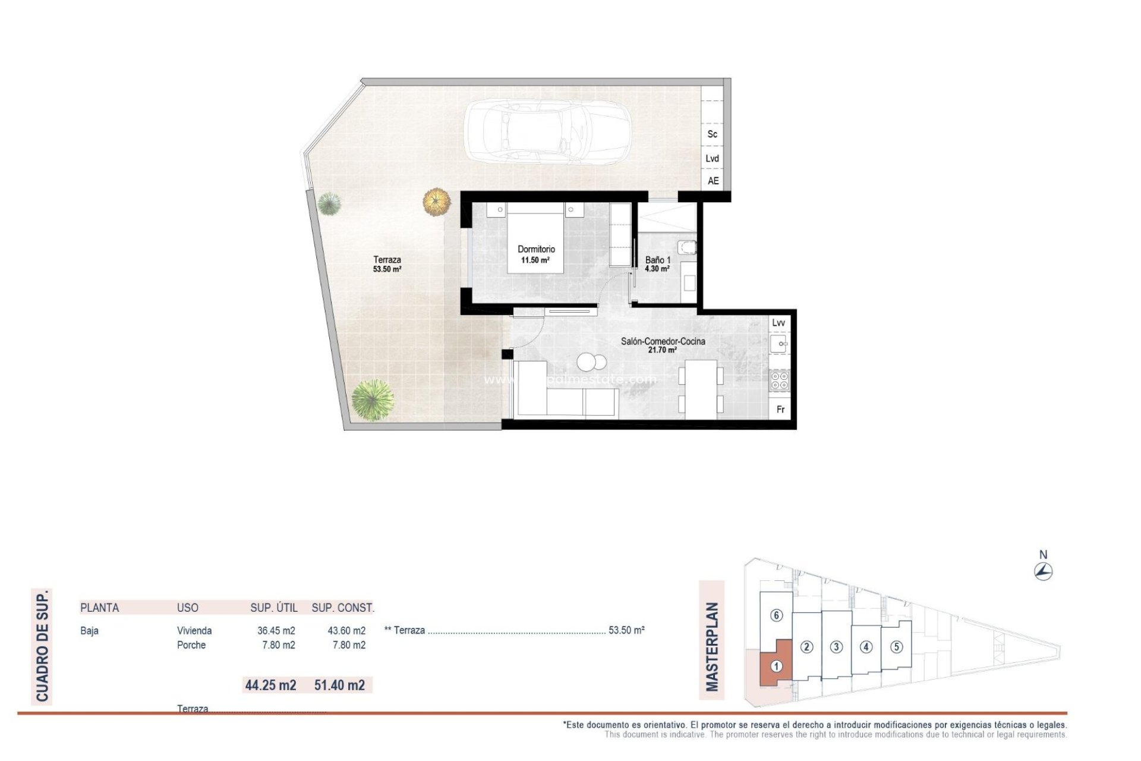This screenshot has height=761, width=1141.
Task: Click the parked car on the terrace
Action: pyautogui.click(x=547, y=131)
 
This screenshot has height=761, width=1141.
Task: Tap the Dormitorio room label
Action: pyautogui.click(x=536, y=250)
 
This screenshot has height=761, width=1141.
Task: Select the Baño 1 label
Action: pyautogui.click(x=658, y=260)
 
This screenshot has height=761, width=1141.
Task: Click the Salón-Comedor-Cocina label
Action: pyautogui.click(x=663, y=341)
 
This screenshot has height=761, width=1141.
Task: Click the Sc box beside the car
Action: pyautogui.click(x=713, y=134)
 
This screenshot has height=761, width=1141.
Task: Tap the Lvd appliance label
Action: pyautogui.click(x=713, y=158)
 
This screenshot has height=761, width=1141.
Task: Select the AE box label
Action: pyautogui.click(x=713, y=181)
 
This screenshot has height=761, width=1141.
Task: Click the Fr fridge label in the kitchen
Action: pyautogui.click(x=780, y=410)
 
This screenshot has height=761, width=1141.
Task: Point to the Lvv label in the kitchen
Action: pyautogui.click(x=778, y=323)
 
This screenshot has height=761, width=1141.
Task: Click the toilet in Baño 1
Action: pyautogui.click(x=688, y=247)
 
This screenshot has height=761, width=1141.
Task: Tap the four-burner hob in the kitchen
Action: pyautogui.click(x=779, y=380)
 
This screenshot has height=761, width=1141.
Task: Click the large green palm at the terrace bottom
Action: pyautogui.click(x=373, y=400)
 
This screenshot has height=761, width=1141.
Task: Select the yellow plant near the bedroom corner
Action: pyautogui.click(x=437, y=202)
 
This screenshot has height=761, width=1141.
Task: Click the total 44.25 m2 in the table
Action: pyautogui.click(x=270, y=685)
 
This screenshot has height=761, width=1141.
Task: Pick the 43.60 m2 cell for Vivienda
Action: pyautogui.click(x=346, y=631)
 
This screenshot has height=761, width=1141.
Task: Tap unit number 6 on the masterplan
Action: pyautogui.click(x=776, y=615)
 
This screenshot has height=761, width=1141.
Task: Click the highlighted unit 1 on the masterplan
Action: pyautogui.click(x=776, y=666)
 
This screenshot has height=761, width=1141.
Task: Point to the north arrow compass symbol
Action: pyautogui.click(x=1043, y=572)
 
